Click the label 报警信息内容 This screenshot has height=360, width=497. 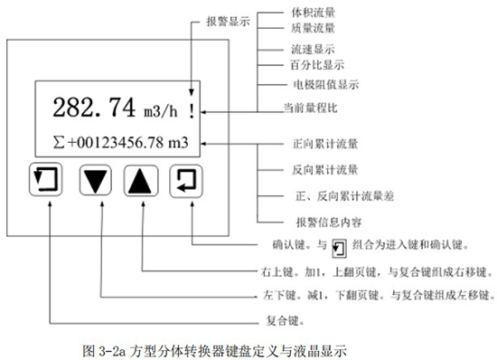323,220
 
